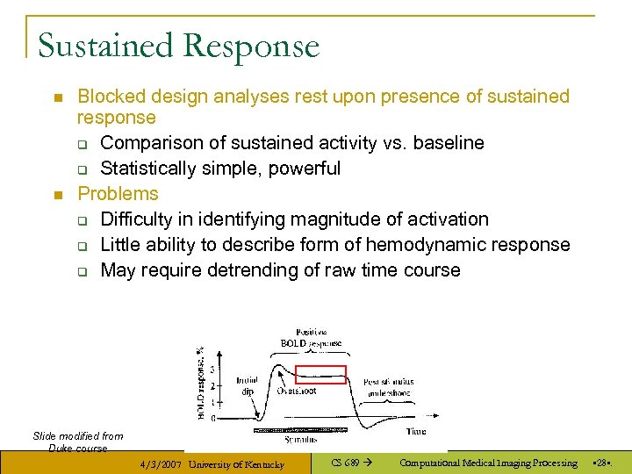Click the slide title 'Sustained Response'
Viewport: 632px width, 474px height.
click(x=178, y=46)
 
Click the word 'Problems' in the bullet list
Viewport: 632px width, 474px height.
click(x=118, y=194)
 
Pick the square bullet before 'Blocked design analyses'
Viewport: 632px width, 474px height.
click(x=57, y=97)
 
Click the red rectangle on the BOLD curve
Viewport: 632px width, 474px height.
click(x=321, y=375)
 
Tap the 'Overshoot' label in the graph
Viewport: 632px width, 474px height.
click(x=297, y=391)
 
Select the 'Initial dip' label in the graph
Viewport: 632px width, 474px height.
click(x=247, y=386)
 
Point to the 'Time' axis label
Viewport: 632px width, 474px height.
click(x=416, y=432)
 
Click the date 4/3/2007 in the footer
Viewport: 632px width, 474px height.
click(x=161, y=463)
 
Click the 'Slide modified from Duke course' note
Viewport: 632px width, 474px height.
click(x=78, y=442)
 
